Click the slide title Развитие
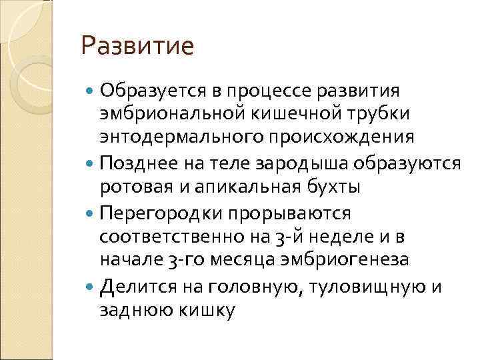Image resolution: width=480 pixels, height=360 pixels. pos(137,46)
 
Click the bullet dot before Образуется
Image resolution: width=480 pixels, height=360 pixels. pos(90,90)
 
